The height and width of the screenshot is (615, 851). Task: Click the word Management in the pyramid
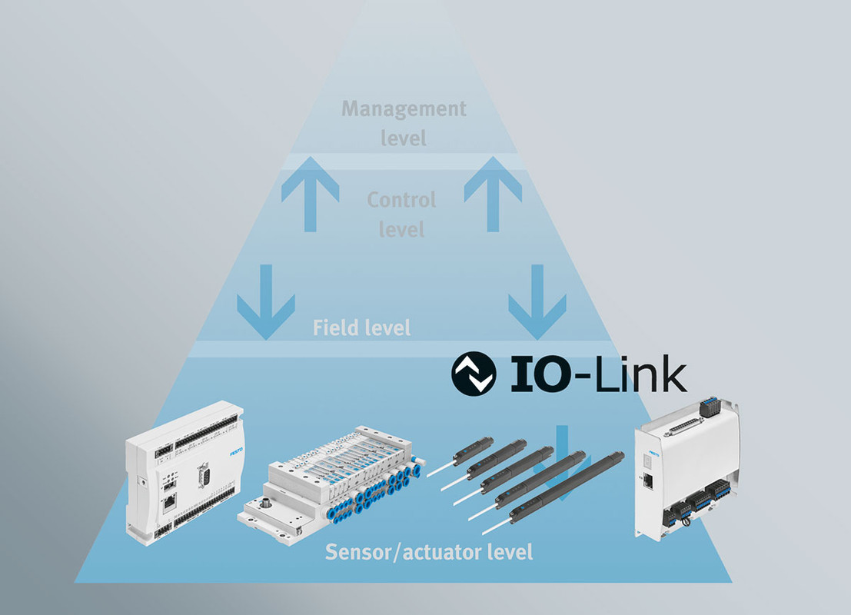(x=404, y=109)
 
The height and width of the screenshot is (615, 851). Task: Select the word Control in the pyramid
(x=401, y=200)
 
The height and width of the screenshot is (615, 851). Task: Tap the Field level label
(x=361, y=327)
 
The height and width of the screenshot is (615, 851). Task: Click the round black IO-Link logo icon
(x=474, y=373)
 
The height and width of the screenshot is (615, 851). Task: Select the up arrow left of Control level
(x=311, y=194)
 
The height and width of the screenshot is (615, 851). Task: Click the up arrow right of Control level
(x=493, y=194)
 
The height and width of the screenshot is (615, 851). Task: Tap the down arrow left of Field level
(x=266, y=302)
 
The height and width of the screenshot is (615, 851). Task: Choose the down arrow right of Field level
(x=537, y=302)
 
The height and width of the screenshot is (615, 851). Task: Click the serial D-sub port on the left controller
(x=204, y=475)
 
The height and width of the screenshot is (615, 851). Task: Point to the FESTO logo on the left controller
(x=236, y=451)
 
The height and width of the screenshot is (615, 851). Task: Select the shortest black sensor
(x=460, y=455)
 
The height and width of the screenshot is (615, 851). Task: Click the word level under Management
(x=404, y=138)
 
